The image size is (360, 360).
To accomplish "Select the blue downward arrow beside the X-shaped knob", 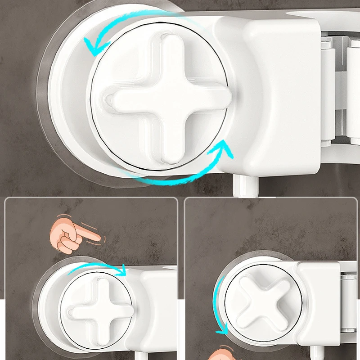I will pos(219,306).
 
